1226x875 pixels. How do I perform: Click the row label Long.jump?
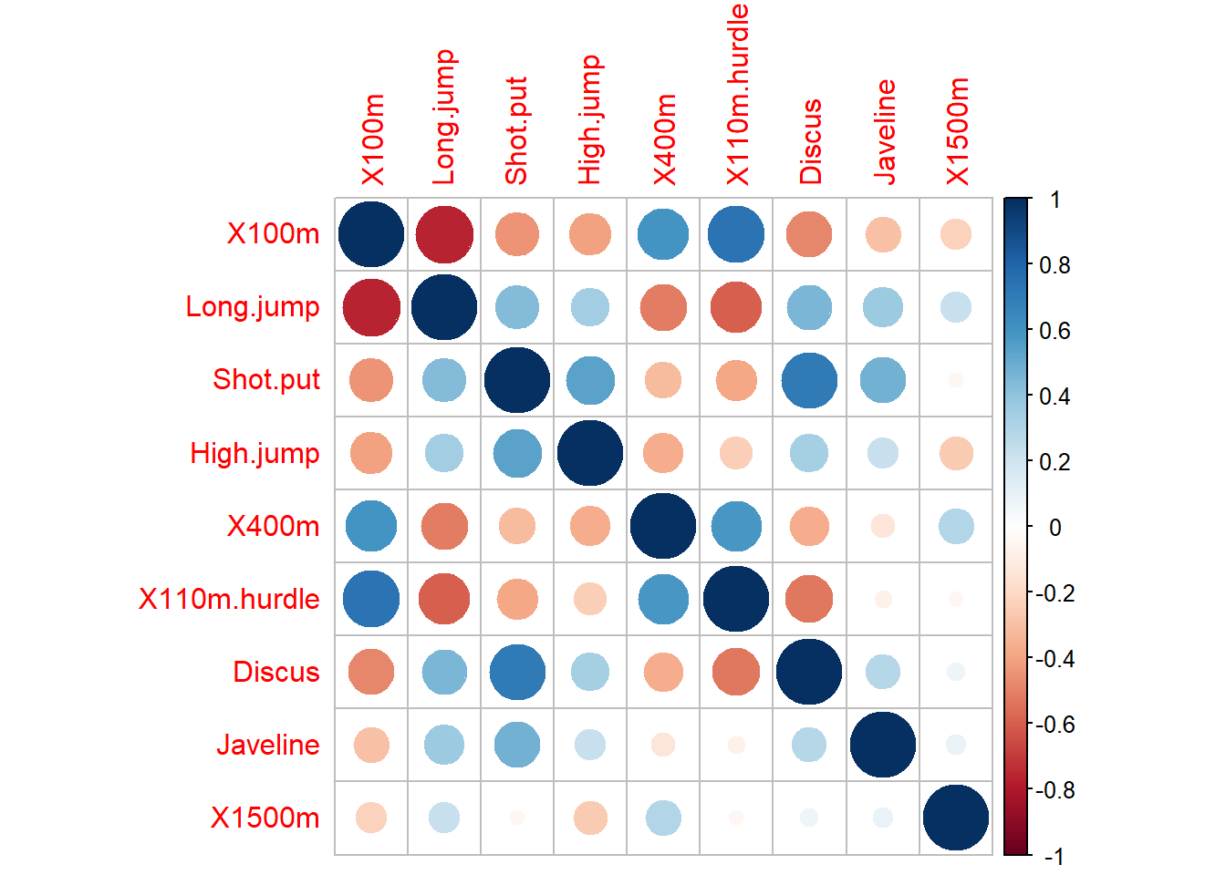point(253,307)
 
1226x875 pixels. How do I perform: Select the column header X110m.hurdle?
point(737,95)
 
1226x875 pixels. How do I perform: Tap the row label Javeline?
point(268,745)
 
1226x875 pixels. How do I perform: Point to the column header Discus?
point(810,141)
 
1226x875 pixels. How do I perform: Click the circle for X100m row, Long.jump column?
point(444,234)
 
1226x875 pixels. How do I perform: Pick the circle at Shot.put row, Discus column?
point(809,380)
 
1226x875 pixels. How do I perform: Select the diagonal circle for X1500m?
point(955,818)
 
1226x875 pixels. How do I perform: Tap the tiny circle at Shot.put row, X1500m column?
point(955,380)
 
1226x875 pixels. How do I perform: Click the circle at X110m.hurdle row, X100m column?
point(371,599)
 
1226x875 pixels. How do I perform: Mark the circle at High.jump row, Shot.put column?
point(517,453)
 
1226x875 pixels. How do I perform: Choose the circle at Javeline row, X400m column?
point(663,745)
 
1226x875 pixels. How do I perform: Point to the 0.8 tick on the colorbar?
point(1055,265)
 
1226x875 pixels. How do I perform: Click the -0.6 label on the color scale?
point(1055,725)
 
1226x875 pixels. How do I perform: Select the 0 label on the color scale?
point(1055,528)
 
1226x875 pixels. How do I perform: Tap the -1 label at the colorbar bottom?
point(1054,856)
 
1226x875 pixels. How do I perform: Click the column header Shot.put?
point(517,130)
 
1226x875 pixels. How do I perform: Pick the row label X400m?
point(274,526)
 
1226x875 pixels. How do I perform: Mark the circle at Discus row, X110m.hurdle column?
point(736,672)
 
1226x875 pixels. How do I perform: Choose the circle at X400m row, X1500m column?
point(955,526)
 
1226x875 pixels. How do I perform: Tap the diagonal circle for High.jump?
point(590,453)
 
